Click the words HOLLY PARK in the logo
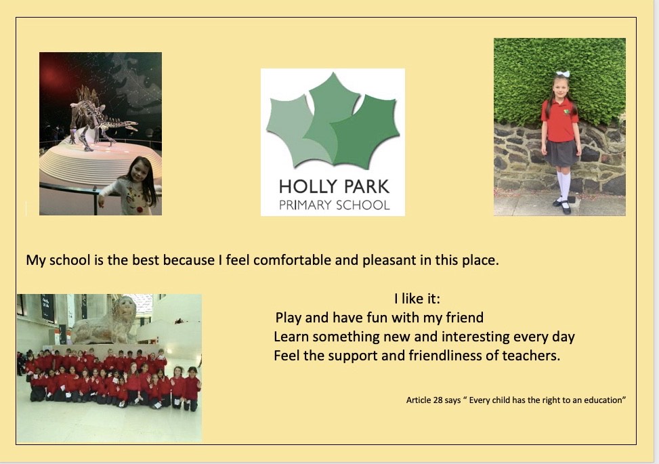coord(334,186)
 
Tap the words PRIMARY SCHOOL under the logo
coord(335,205)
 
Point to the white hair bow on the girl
coord(563,74)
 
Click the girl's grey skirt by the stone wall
coord(561,153)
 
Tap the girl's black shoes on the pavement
coord(564,206)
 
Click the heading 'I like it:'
coord(417,299)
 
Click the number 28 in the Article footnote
coord(438,400)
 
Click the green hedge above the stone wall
coord(559,80)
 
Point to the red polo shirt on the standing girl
coord(559,121)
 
